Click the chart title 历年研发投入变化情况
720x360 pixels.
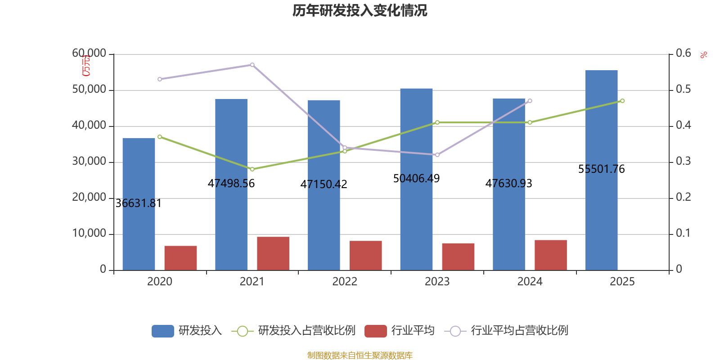pyautogui.click(x=360, y=10)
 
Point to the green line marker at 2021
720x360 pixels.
pyautogui.click(x=252, y=169)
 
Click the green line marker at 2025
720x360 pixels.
pyautogui.click(x=622, y=101)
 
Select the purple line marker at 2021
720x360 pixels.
pyautogui.click(x=252, y=65)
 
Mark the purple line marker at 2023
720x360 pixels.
pyautogui.click(x=437, y=155)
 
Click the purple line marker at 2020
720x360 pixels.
pyautogui.click(x=160, y=79)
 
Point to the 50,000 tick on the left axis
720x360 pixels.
pyautogui.click(x=89, y=90)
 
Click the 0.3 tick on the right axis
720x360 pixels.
pyautogui.click(x=683, y=161)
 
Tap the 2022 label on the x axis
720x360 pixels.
pyautogui.click(x=345, y=282)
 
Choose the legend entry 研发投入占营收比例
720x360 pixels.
pyautogui.click(x=306, y=331)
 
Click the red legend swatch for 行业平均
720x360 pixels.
pyautogui.click(x=376, y=331)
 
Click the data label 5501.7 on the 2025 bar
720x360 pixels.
pyautogui.click(x=601, y=169)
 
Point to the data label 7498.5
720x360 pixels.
pyautogui.click(x=231, y=184)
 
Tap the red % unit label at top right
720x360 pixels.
pyautogui.click(x=704, y=55)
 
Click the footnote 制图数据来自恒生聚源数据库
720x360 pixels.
pyautogui.click(x=360, y=355)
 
